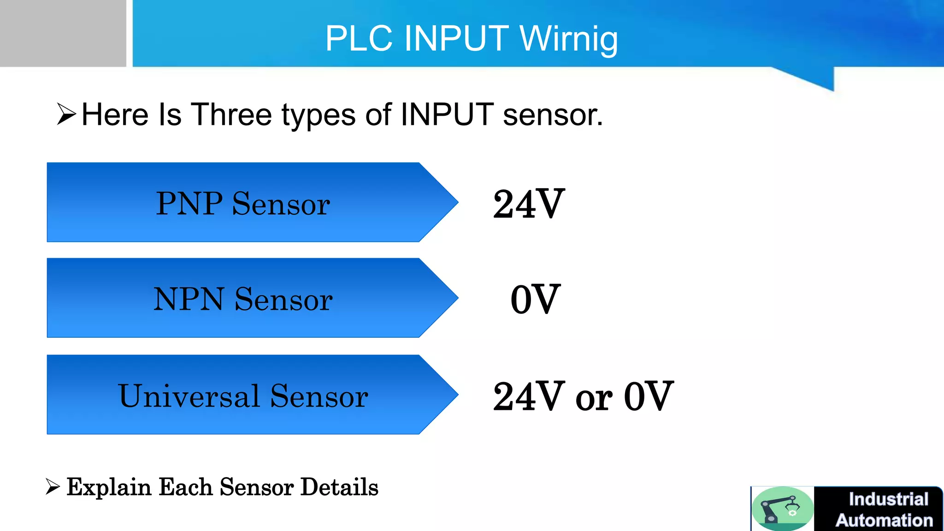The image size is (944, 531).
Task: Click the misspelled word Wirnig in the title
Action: click(x=569, y=39)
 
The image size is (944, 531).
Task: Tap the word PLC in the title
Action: click(x=359, y=39)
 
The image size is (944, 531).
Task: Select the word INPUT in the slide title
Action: click(x=456, y=39)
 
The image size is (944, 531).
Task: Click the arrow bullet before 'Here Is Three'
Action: click(x=66, y=114)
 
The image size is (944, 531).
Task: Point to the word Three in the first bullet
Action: click(x=231, y=115)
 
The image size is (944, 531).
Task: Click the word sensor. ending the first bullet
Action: click(x=553, y=115)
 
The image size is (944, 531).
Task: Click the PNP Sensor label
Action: click(x=243, y=203)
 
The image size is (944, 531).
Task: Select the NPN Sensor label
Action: click(x=243, y=299)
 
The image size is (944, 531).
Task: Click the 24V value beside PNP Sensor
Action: click(x=529, y=204)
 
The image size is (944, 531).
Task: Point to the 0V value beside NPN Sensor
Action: click(x=536, y=300)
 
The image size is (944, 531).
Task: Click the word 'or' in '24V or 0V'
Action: click(x=594, y=397)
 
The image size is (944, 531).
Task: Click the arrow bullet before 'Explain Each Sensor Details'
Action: click(x=53, y=487)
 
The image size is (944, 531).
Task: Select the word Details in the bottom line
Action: click(x=339, y=487)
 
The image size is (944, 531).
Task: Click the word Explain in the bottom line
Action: click(x=109, y=488)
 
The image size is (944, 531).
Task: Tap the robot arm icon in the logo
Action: click(x=782, y=508)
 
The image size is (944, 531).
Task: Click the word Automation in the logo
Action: click(x=884, y=520)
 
